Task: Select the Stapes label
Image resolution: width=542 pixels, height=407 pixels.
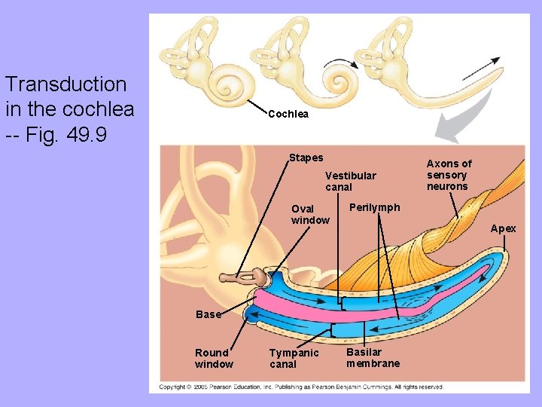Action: [x=306, y=158]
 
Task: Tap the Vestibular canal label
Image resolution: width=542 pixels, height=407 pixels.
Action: [x=350, y=181]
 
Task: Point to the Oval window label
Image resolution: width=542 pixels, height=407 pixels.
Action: [x=310, y=214]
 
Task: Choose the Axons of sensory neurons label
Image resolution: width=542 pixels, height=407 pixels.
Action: [x=449, y=175]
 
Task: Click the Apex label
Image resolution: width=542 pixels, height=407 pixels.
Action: [x=504, y=228]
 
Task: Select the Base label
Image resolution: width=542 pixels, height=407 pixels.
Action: [x=208, y=314]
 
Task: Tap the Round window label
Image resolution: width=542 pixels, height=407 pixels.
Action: [x=214, y=358]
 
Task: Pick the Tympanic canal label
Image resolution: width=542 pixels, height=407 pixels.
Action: [x=294, y=358]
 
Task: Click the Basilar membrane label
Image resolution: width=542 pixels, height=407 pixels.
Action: [x=373, y=357]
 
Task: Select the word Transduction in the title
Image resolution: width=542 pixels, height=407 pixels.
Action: [x=65, y=84]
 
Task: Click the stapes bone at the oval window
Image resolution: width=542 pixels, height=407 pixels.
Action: [x=248, y=279]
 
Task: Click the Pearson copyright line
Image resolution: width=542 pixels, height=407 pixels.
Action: [x=301, y=387]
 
